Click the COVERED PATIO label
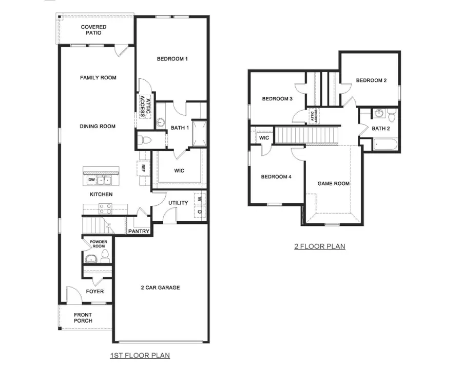94,30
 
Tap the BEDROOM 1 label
172,59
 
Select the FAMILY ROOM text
98,78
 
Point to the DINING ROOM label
98,126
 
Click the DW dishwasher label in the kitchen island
91,180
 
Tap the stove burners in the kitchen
105,208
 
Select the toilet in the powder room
105,255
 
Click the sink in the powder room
90,259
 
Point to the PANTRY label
139,232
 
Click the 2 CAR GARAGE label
160,288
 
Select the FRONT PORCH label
83,317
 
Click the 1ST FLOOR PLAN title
140,355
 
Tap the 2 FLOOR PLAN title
319,246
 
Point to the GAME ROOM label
333,183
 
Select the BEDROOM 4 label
276,177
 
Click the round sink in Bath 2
379,113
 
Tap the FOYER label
95,292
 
